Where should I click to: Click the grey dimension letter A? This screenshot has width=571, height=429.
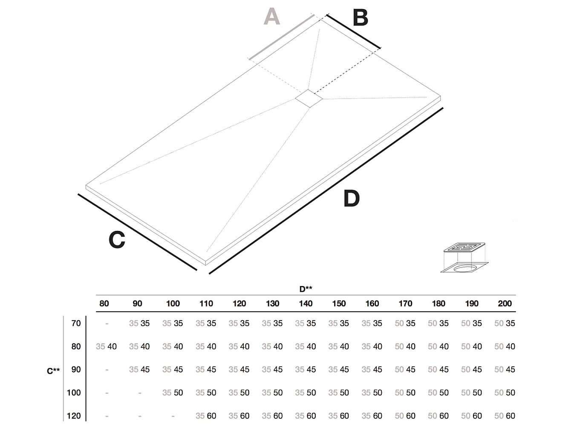click(271, 17)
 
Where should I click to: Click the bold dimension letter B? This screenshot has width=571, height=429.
click(360, 18)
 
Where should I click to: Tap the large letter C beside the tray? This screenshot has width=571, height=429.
click(117, 240)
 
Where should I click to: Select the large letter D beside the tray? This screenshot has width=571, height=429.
click(351, 199)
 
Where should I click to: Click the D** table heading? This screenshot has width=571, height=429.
click(306, 289)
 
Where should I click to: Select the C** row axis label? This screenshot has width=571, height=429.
click(53, 371)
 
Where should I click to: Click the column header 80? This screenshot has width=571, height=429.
click(104, 304)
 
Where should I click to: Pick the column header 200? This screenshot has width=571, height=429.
click(505, 304)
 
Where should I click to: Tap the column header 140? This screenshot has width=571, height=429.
click(306, 304)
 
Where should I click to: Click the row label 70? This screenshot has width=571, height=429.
click(76, 323)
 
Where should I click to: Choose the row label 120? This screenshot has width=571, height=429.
click(74, 415)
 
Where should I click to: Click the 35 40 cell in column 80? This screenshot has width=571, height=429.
click(106, 347)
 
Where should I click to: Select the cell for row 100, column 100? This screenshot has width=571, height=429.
click(173, 393)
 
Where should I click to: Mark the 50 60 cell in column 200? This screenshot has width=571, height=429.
click(505, 415)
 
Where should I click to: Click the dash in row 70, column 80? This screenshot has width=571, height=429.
click(107, 324)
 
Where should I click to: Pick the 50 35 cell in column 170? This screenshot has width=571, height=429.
click(405, 324)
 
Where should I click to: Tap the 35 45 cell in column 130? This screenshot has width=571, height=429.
click(272, 370)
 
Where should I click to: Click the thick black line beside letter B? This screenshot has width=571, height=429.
click(353, 32)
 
